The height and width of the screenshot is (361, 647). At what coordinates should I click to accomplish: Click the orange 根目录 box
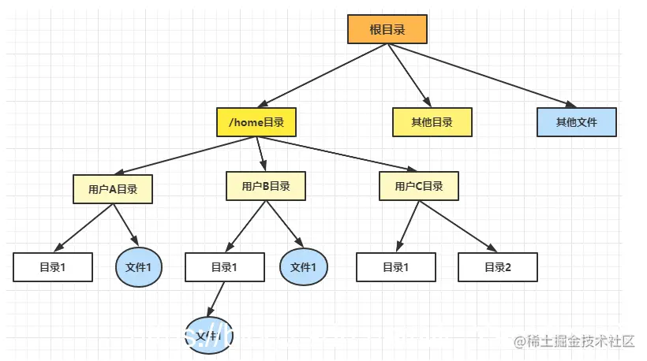coord(387,29)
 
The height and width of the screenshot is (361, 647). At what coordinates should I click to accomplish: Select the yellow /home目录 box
coord(256,123)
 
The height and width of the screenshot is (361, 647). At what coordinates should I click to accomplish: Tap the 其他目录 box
coord(432,122)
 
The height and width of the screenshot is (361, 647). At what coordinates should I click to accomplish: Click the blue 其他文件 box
coord(576,122)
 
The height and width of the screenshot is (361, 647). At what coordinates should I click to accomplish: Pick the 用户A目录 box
coord(112,189)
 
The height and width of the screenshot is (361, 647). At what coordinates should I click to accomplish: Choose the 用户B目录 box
coord(265,186)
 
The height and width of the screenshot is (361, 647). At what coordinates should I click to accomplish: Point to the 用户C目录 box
coord(418,187)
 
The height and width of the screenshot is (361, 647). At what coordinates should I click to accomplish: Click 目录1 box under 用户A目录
coord(53,267)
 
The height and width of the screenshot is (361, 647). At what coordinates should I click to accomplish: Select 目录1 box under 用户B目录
coord(225,267)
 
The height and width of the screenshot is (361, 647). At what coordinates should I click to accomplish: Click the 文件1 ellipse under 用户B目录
coord(303,267)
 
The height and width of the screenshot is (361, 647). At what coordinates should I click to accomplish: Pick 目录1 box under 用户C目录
coord(395,267)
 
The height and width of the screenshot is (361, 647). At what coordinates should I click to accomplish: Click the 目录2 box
coord(498,267)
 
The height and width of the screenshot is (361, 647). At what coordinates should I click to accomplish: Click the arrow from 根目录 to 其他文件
coord(481,76)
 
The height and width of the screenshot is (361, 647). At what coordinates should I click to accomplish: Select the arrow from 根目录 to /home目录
coord(323,76)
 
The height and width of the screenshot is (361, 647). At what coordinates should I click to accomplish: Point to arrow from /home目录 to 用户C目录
coord(339,154)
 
